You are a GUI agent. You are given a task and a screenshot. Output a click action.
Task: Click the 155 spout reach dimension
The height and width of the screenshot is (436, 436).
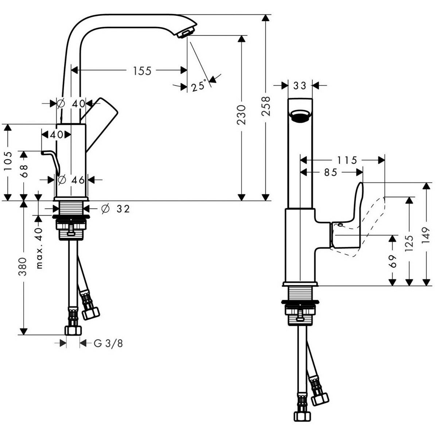[142, 71]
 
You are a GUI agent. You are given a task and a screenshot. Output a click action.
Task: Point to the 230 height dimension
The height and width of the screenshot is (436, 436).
[242, 114]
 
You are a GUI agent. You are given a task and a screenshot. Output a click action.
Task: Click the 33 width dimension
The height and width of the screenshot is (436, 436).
[300, 86]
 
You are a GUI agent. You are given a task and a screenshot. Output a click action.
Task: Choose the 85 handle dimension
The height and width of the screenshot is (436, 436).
[331, 172]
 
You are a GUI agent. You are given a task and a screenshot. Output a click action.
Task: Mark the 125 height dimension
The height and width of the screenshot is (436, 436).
[409, 243]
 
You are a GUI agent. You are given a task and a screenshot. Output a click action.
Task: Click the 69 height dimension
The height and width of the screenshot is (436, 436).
[393, 261]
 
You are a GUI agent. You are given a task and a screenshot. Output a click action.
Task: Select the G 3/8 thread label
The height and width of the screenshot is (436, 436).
[108, 343]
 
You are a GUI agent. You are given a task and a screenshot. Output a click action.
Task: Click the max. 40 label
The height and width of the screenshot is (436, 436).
[39, 248]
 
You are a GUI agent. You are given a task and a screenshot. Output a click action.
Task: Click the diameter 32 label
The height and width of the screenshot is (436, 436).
[116, 209]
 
